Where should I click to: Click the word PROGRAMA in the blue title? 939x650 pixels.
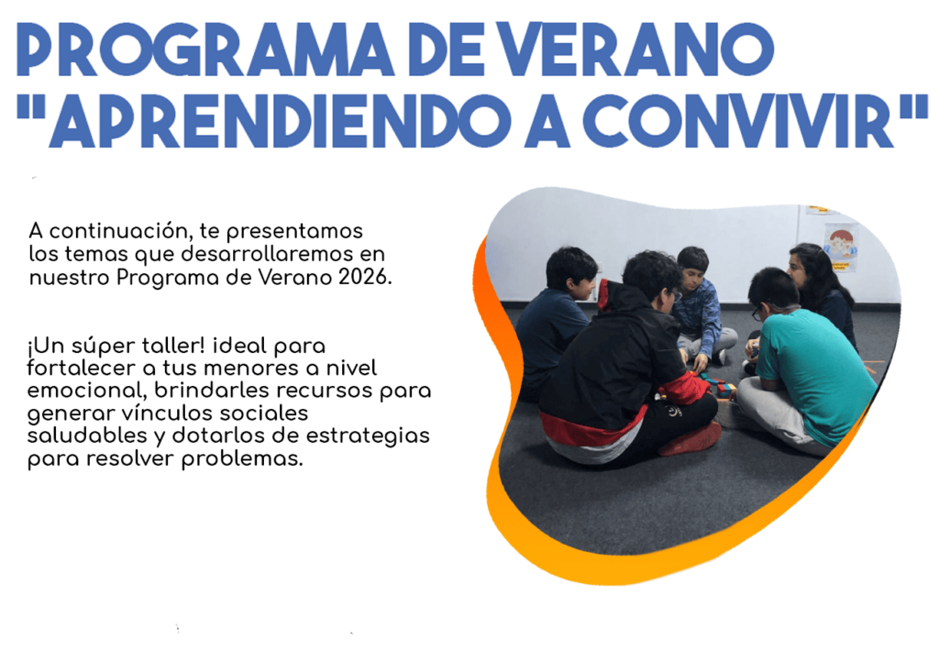point(204,50)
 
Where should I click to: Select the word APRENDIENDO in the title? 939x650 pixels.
point(281,121)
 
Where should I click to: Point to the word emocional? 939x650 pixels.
point(87,391)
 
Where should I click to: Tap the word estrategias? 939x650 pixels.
point(368,436)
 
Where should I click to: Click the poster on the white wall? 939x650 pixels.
point(841,248)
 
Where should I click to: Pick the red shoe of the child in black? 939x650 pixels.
point(690,439)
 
